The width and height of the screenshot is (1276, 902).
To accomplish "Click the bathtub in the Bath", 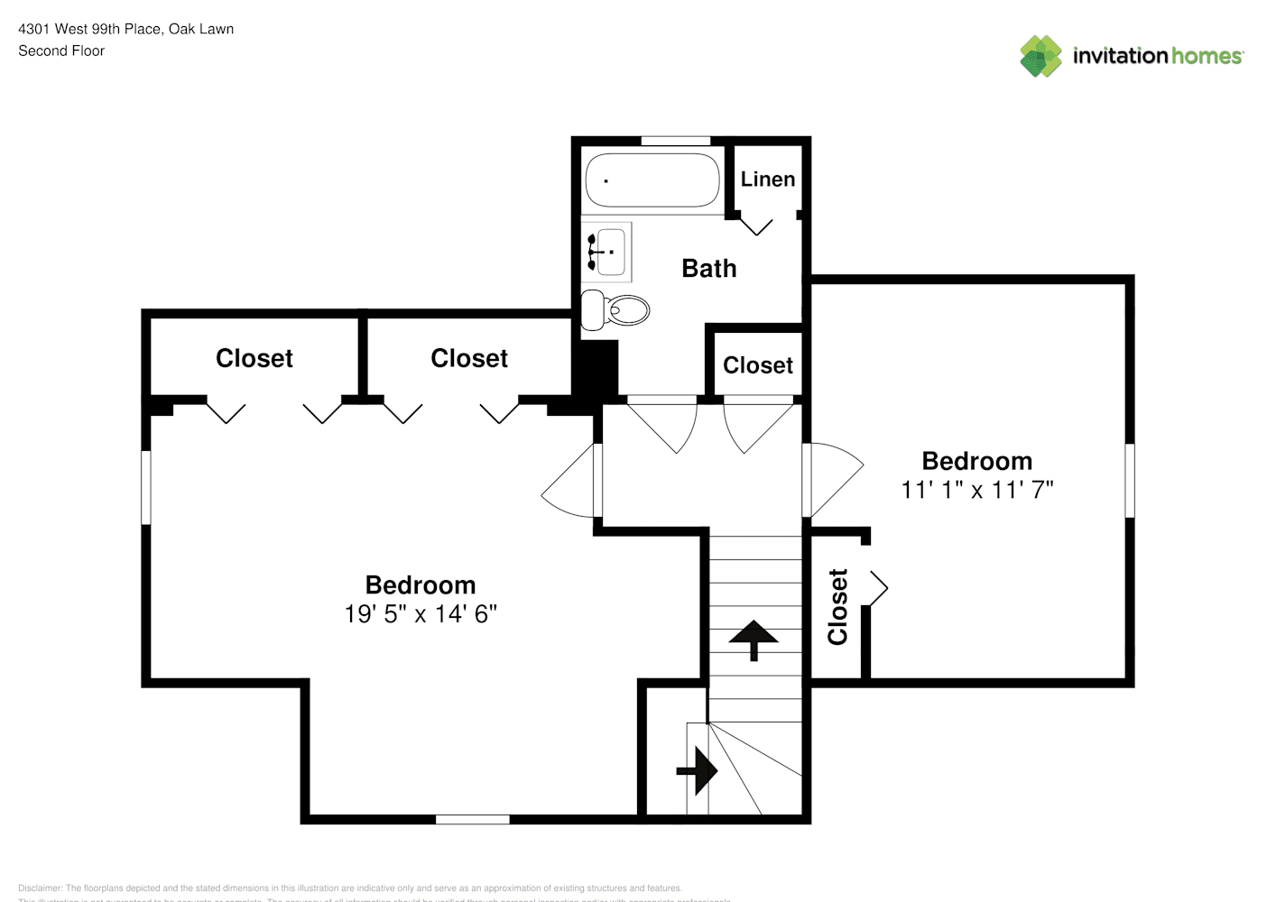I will (x=652, y=180).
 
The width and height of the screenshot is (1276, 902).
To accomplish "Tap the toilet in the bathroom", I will (x=616, y=310).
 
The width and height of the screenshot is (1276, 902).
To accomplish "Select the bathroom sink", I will (x=607, y=250).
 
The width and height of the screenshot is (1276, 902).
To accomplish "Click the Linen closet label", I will (x=768, y=179).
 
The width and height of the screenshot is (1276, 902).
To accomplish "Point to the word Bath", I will (x=708, y=269).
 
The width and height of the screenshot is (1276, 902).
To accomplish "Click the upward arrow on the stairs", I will (x=753, y=638).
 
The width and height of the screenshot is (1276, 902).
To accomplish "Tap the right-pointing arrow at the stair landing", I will (x=698, y=771).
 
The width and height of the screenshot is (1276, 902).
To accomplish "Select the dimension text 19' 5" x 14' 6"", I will (x=421, y=614).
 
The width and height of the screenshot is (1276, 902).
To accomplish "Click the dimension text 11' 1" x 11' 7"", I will (x=977, y=490).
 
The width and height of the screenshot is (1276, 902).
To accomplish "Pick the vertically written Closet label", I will (x=837, y=607).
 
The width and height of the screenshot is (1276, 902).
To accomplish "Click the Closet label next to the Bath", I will (x=757, y=365).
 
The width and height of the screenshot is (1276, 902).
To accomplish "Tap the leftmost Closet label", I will (x=254, y=359).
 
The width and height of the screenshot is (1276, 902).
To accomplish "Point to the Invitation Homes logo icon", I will (x=1040, y=56).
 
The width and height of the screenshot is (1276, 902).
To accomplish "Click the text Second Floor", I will (x=61, y=51).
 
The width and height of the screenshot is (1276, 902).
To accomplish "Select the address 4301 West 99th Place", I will (x=89, y=29).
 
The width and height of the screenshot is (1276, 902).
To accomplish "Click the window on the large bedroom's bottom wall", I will (x=472, y=819).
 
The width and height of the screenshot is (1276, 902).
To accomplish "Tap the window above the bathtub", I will (x=675, y=141).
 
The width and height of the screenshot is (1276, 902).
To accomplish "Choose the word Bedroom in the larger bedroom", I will (x=421, y=585).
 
